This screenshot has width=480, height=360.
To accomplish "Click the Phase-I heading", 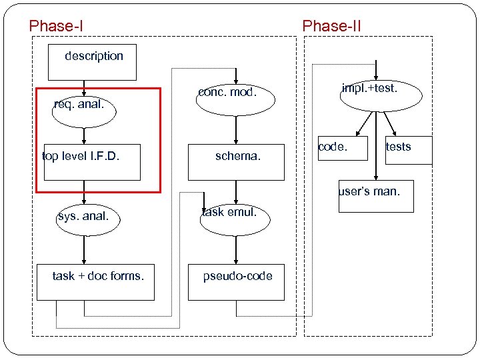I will (56, 26).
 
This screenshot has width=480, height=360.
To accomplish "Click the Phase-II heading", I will (331, 26).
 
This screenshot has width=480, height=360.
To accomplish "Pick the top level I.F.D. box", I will (92, 162).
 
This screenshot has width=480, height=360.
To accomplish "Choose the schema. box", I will (236, 162).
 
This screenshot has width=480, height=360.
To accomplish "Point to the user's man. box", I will (375, 197).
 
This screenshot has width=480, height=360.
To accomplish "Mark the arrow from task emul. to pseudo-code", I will (236, 249).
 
